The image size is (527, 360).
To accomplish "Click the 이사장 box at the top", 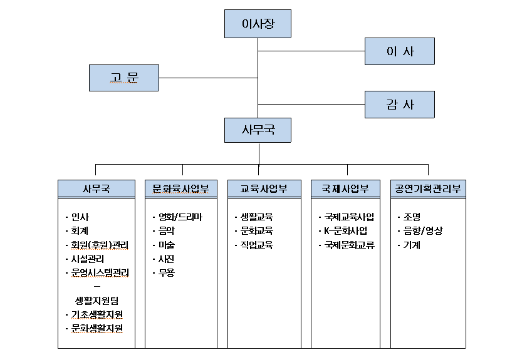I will tap(258, 24).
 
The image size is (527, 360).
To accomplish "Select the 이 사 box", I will tap(399, 51).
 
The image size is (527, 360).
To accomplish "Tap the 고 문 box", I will tap(124, 78).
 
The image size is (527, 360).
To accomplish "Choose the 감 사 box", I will tap(399, 104).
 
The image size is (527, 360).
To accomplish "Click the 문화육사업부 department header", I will tap(181, 188).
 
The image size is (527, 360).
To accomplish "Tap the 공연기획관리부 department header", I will tap(428, 188).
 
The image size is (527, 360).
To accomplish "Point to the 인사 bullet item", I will tap(80, 217).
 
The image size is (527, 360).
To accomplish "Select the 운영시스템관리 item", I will tap(100, 272).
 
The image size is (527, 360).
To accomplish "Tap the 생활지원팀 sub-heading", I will tap(96, 300).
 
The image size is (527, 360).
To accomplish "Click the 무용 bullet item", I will tap(167, 272).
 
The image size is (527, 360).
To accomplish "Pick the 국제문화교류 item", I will tap(349, 245).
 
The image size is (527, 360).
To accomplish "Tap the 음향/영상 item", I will tap(423, 231).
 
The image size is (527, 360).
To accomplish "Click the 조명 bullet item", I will tap(412, 217).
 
